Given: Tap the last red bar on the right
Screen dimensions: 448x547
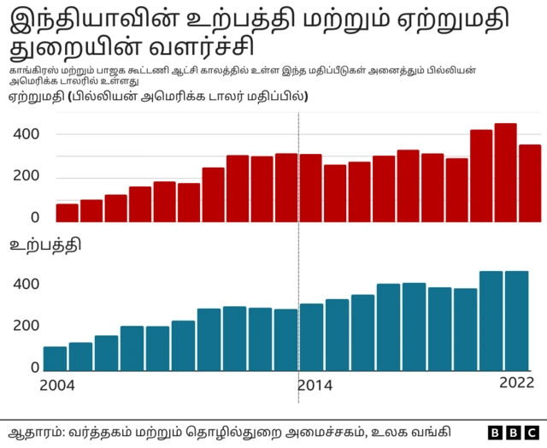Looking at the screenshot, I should (530, 184).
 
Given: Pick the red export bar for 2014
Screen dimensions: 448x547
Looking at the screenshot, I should (311, 189).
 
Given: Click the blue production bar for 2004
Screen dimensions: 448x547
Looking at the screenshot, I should (55, 359).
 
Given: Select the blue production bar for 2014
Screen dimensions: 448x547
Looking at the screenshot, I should (311, 338).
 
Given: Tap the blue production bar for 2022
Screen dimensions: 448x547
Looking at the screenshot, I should (516, 321).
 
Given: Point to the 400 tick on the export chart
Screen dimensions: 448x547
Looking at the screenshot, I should (26, 135).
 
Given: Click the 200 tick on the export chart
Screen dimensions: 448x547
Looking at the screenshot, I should (26, 177).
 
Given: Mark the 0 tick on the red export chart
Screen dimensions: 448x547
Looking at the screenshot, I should (35, 218).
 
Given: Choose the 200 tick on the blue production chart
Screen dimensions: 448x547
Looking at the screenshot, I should (26, 326).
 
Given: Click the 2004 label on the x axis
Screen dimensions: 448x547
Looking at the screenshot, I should (57, 386).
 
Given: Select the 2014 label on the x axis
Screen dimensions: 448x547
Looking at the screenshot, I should (315, 386).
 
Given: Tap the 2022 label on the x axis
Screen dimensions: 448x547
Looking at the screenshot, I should (515, 382).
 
